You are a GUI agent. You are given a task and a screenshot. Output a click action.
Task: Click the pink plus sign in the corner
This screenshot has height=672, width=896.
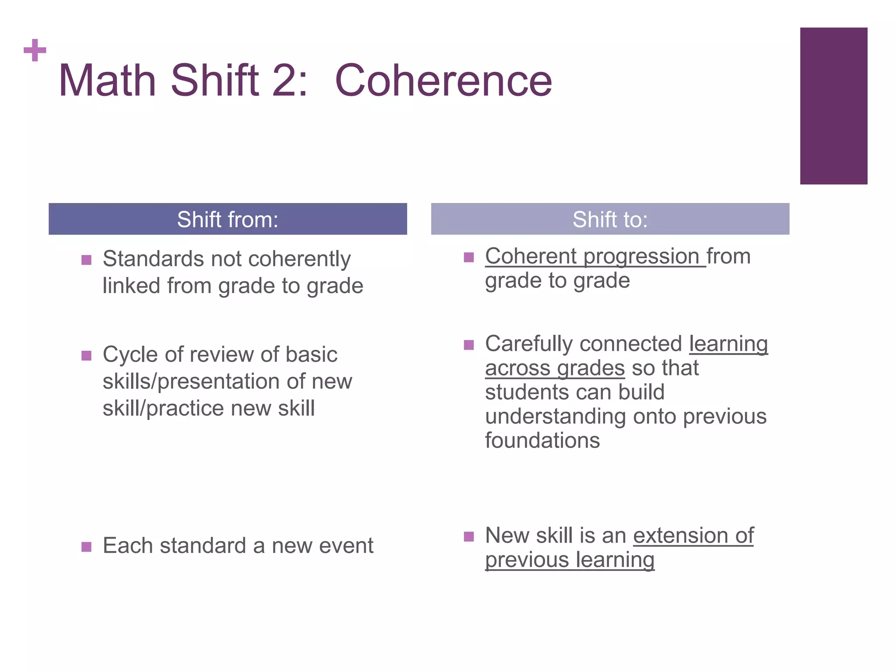coord(35,50)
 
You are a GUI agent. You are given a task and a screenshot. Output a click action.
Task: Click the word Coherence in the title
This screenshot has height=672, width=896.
coord(443,80)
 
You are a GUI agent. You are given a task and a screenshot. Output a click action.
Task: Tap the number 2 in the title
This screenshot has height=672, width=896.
coord(285,80)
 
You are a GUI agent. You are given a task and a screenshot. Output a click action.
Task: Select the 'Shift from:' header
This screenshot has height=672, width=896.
coord(227,219)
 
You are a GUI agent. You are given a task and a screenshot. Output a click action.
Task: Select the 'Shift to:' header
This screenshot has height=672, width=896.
coord(610,219)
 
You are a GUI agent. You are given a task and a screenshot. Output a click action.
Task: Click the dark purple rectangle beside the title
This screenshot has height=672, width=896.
coord(833,106)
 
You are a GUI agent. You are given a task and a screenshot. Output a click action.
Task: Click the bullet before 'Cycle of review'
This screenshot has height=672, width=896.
coord(87,355)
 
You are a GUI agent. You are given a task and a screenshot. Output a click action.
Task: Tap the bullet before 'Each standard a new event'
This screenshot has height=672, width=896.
coord(87,546)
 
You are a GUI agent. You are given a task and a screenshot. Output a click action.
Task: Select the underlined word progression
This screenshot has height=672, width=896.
coord(641,256)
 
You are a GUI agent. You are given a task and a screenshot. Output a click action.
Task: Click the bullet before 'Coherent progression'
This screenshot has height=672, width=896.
coord(469,257)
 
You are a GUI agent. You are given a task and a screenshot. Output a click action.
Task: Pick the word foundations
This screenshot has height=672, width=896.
coord(542,440)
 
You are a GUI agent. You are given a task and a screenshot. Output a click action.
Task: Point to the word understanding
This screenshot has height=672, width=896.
coord(556,416)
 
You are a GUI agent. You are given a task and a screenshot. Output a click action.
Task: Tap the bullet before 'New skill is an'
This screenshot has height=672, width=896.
coord(469,536)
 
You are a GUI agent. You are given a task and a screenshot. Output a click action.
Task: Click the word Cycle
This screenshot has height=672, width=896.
coord(130,354)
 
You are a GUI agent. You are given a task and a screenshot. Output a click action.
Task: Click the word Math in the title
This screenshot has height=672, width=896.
coord(108,80)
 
